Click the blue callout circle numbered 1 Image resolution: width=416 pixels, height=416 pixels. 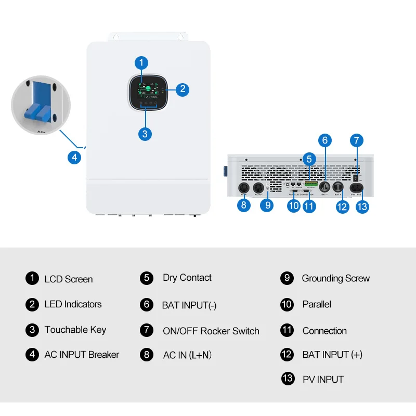(x=141, y=63)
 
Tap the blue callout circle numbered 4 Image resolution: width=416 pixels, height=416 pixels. (x=74, y=157)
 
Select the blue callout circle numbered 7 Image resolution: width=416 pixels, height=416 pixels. (x=356, y=140)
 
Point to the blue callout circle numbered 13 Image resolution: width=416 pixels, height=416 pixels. (x=362, y=206)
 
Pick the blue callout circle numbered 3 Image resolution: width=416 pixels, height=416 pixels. (x=145, y=133)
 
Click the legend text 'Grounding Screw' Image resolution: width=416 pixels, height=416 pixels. (x=335, y=278)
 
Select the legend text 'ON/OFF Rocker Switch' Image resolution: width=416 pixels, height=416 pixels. (x=211, y=331)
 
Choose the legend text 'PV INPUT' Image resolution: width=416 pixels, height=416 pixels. (x=323, y=379)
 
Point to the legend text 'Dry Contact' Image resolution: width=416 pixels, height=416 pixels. (x=187, y=278)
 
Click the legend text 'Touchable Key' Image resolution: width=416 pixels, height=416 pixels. (x=75, y=330)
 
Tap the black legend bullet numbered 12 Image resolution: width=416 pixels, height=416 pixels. (x=287, y=355)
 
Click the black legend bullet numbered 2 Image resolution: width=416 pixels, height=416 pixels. (x=32, y=304)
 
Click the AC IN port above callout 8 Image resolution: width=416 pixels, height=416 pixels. (x=243, y=188)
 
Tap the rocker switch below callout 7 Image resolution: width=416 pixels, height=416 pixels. (x=356, y=177)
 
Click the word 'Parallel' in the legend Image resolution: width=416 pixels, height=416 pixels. (x=317, y=304)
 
